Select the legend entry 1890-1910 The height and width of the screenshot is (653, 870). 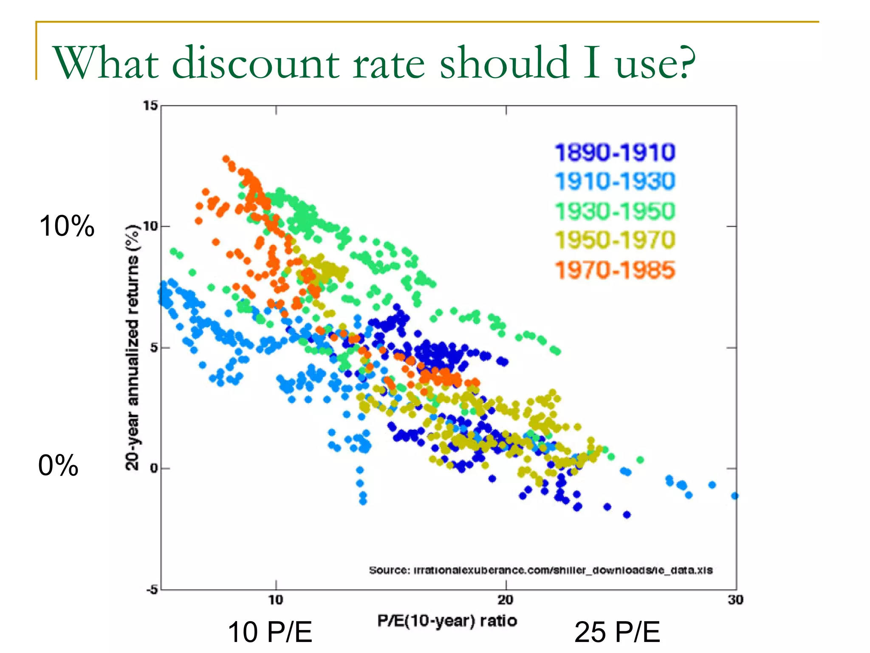(615, 152)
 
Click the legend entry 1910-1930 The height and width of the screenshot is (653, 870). (615, 181)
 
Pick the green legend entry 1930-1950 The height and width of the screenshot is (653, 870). (615, 211)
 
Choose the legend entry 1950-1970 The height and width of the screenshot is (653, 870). (615, 240)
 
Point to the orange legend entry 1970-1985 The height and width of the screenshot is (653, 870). (615, 270)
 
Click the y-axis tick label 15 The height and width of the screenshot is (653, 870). (150, 105)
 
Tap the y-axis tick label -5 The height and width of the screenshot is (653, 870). (151, 590)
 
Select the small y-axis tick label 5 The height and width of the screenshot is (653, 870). (154, 348)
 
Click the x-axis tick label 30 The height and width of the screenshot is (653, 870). (735, 600)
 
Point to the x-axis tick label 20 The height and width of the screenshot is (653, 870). (506, 600)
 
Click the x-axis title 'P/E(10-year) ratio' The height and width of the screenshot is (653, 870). (447, 621)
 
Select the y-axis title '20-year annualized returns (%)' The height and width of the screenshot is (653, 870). (133, 347)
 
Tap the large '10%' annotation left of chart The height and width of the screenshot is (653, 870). (67, 226)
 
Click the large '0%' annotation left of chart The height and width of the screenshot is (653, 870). (58, 466)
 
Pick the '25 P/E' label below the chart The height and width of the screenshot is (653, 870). (617, 632)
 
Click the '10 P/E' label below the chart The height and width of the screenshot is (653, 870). (270, 632)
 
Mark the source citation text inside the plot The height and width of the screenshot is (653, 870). (540, 570)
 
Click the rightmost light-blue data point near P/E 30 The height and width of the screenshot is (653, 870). (735, 496)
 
